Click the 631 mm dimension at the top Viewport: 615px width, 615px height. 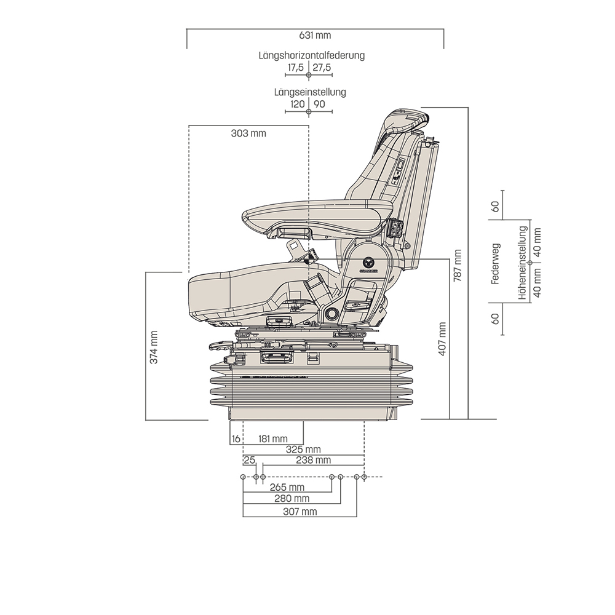315,36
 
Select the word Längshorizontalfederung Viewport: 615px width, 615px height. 311,55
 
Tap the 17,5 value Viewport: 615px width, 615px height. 296,67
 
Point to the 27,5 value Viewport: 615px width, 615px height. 322,67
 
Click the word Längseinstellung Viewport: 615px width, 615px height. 310,92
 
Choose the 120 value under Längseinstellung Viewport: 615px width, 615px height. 297,104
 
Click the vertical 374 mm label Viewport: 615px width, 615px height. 154,346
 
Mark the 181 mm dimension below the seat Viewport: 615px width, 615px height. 273,438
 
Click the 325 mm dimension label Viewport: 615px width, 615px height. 303,450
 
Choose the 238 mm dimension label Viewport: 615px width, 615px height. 313,460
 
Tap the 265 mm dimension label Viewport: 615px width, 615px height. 287,488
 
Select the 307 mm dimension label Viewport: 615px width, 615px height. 300,511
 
